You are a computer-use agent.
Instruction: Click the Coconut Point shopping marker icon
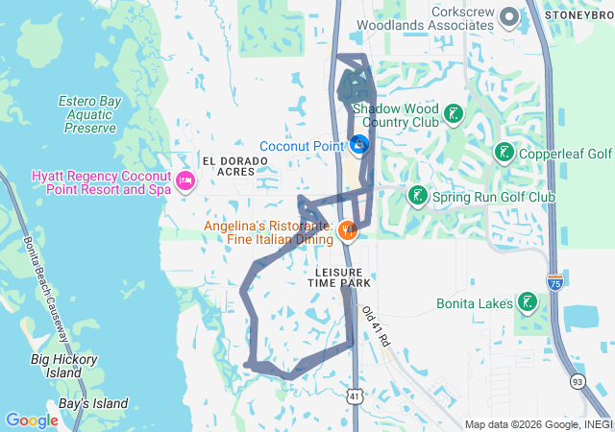359,146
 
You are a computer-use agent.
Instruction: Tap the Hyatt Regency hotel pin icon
185,180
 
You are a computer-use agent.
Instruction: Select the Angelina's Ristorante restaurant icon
348,230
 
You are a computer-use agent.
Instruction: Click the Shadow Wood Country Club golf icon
452,115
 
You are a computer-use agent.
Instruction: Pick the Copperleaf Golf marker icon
504,154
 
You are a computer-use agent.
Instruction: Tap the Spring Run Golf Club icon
417,197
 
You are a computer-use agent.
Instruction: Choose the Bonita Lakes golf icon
527,303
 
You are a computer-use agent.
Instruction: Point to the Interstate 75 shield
554,281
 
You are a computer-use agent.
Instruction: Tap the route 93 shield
577,381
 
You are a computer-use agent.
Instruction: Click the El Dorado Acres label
229,165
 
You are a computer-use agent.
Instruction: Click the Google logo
32,420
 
